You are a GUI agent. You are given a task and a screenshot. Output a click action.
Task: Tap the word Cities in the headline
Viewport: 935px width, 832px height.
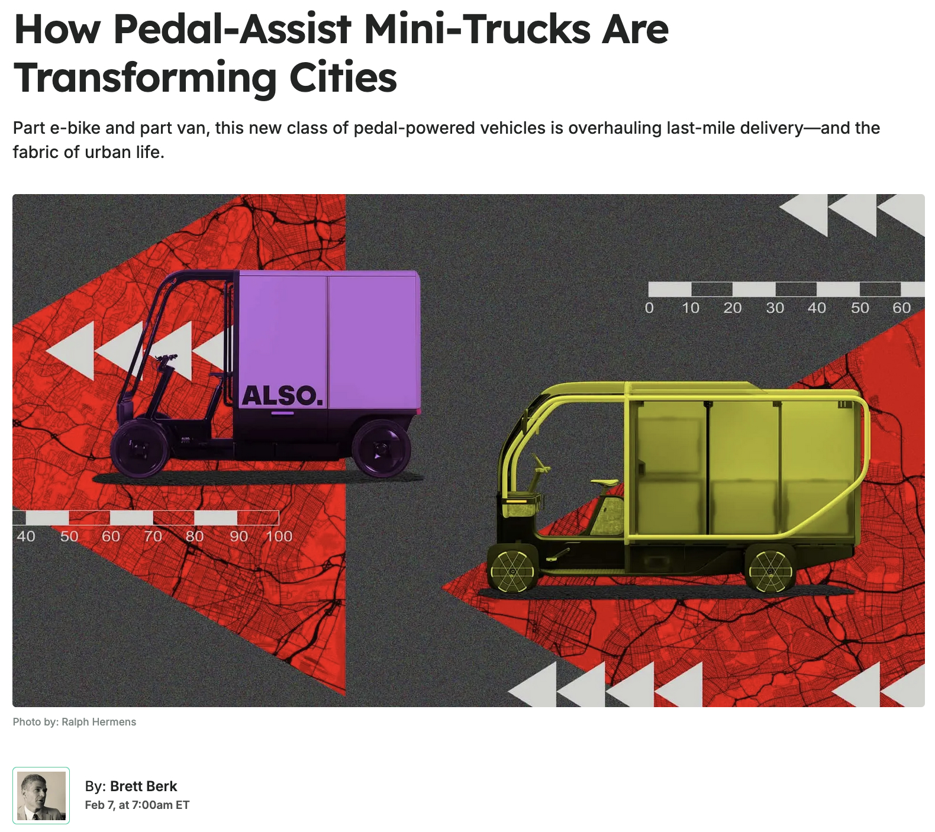point(343,78)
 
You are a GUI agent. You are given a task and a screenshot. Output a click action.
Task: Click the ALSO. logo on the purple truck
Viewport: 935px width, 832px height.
point(283,396)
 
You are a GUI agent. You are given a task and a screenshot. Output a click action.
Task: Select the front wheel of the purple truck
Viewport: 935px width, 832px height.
point(140,451)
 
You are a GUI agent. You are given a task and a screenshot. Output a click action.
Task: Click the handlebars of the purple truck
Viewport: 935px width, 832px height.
point(166,359)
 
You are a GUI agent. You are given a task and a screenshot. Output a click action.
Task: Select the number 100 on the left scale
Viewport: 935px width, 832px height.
point(279,536)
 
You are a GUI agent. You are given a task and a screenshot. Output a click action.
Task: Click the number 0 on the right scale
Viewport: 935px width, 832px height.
point(649,308)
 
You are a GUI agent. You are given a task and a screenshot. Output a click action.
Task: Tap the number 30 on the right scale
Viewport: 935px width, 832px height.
point(775,308)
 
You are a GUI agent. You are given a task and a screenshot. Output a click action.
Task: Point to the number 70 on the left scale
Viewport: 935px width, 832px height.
point(153,536)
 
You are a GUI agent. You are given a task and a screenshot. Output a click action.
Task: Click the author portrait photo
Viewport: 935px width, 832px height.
point(41,795)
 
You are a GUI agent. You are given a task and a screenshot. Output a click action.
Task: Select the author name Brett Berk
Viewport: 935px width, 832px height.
point(143,786)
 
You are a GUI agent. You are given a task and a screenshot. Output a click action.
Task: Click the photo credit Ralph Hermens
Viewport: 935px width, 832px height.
point(99,722)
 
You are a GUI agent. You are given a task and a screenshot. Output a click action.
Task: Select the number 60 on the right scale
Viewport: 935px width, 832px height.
point(902,308)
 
